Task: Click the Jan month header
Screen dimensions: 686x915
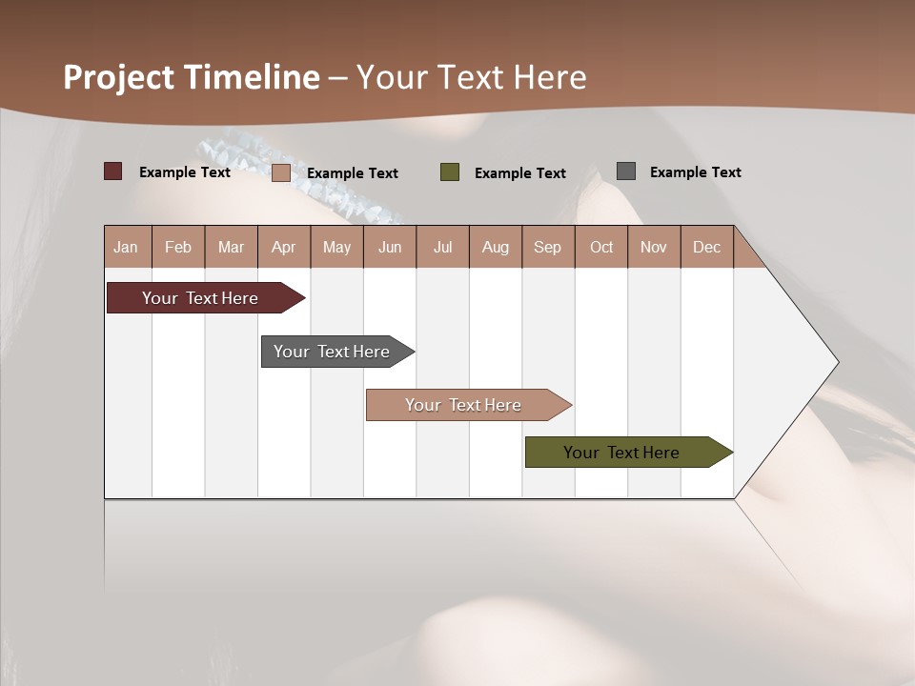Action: [x=126, y=247]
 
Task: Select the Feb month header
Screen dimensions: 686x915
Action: [x=178, y=247]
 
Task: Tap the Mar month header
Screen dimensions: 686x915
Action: [x=231, y=247]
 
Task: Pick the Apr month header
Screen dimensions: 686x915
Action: [x=283, y=247]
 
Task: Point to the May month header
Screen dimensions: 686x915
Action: [x=336, y=247]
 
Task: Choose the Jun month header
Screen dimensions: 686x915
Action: [x=390, y=247]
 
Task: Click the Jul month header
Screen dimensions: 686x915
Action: [x=442, y=247]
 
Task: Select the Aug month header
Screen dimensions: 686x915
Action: [x=495, y=247]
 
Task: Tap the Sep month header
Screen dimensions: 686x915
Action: [x=547, y=247]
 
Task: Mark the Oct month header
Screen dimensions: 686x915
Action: [x=601, y=247]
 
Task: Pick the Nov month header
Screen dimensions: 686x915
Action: [x=654, y=247]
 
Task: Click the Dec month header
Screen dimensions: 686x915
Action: [x=706, y=247]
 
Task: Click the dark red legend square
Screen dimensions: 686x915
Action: [x=113, y=171]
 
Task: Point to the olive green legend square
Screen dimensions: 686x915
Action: [x=450, y=172]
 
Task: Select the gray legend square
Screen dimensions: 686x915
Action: [x=626, y=171]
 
